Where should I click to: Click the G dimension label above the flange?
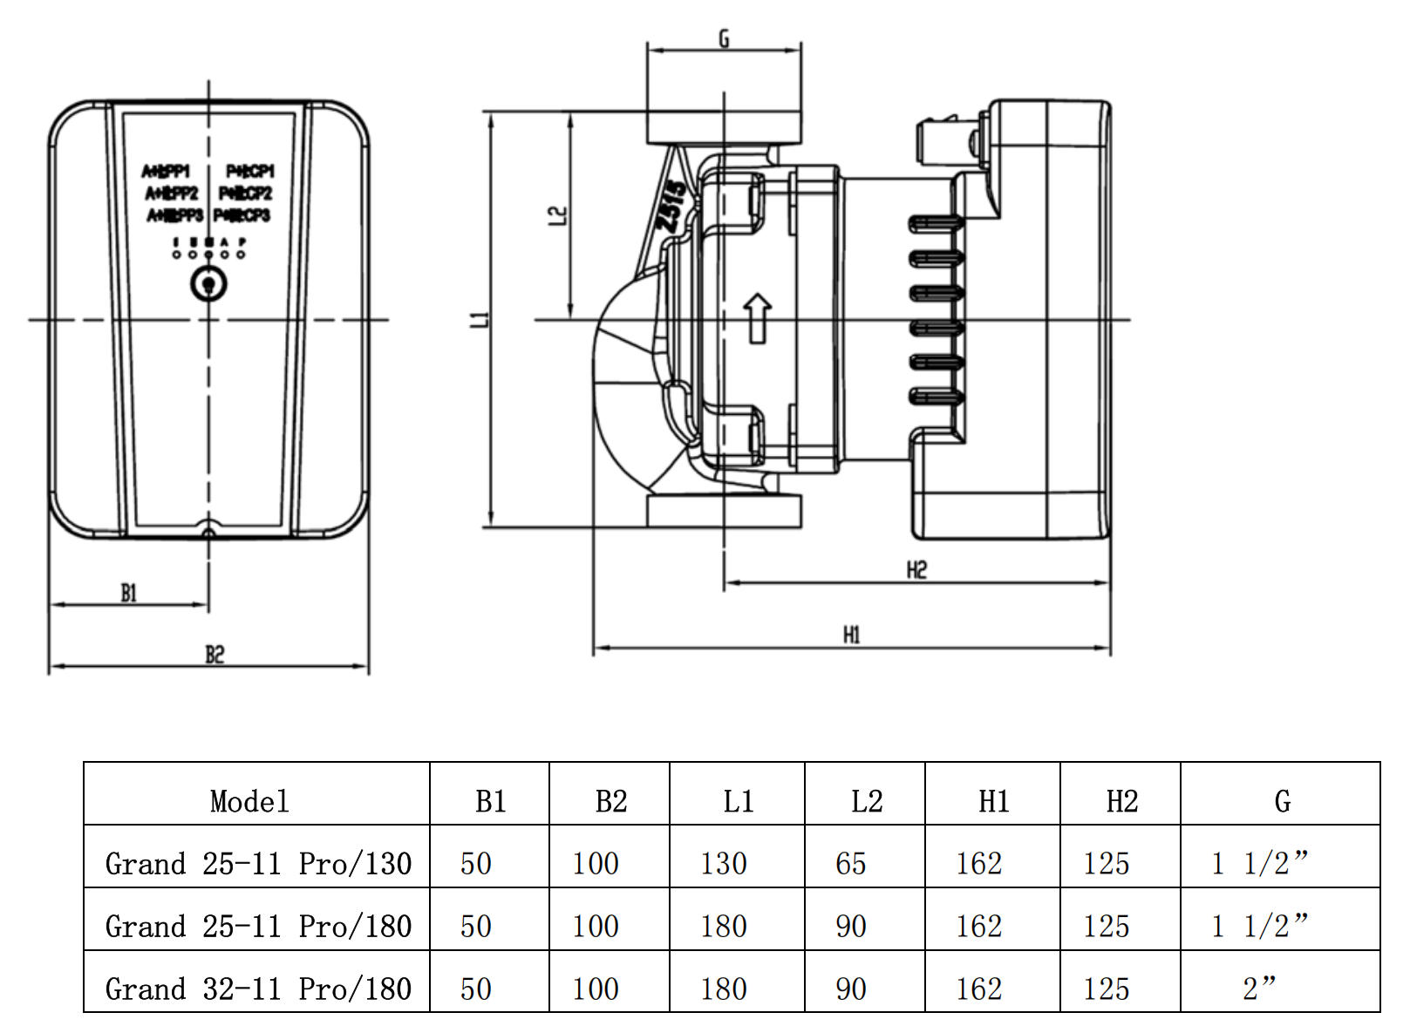click(x=723, y=39)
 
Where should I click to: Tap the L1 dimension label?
click(x=480, y=320)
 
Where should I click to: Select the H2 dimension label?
click(x=916, y=570)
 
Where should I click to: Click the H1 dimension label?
click(x=852, y=635)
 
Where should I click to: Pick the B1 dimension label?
click(x=129, y=594)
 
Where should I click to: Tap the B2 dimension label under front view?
click(x=215, y=654)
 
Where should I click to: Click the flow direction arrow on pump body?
click(x=757, y=317)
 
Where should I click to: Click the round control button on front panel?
click(x=208, y=284)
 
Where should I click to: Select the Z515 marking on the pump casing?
click(x=672, y=207)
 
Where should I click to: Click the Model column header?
click(x=249, y=801)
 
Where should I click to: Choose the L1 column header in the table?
click(x=738, y=801)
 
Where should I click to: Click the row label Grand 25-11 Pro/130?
click(x=258, y=864)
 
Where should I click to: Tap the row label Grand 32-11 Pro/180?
click(x=258, y=989)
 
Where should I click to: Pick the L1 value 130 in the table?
click(x=724, y=864)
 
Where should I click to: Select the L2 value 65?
click(x=850, y=864)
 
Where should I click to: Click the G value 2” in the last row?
click(x=1259, y=989)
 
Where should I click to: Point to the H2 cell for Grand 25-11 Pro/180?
click(x=1106, y=927)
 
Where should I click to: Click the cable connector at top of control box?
click(x=946, y=139)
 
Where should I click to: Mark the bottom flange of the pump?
click(x=723, y=512)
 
